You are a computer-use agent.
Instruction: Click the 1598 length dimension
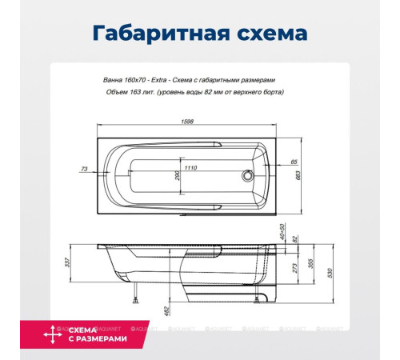(x=189, y=122)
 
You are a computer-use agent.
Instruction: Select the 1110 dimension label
(x=190, y=168)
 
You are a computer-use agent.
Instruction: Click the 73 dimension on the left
(x=84, y=168)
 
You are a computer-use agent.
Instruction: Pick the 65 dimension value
(x=294, y=162)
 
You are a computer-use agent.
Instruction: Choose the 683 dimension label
(x=298, y=175)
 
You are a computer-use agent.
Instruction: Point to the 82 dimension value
(x=294, y=238)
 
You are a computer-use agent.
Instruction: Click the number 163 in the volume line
(x=144, y=92)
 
